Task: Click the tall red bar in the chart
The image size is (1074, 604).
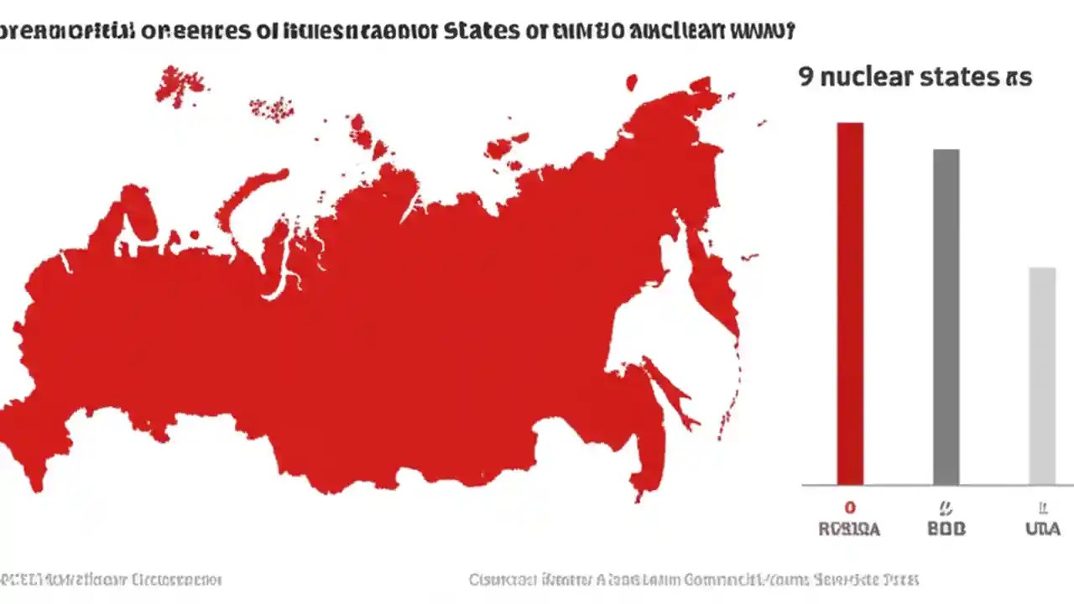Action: pyautogui.click(x=849, y=302)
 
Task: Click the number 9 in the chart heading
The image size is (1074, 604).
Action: pyautogui.click(x=805, y=77)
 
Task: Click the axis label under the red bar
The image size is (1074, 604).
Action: pyautogui.click(x=849, y=529)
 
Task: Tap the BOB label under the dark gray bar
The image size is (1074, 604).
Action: pyautogui.click(x=946, y=529)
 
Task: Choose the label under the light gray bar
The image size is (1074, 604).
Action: pyautogui.click(x=1043, y=529)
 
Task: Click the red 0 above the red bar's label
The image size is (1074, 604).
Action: pyautogui.click(x=849, y=508)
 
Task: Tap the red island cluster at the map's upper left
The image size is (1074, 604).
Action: pyautogui.click(x=179, y=84)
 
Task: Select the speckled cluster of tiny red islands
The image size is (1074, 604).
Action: pyautogui.click(x=272, y=107)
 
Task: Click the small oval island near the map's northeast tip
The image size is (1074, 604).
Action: pyautogui.click(x=632, y=81)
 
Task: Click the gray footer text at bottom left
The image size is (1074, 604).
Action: pyautogui.click(x=109, y=580)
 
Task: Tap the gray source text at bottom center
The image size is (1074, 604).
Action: pyautogui.click(x=693, y=580)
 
